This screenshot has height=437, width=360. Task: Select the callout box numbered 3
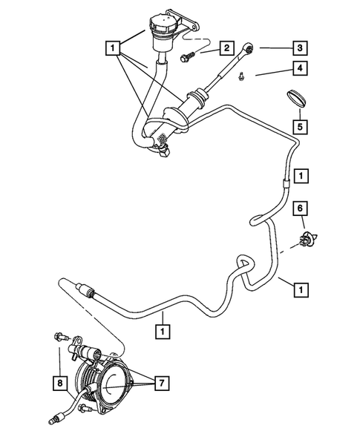point(301,49)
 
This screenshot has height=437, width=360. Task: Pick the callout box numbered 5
point(301,126)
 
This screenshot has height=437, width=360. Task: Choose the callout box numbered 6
point(301,210)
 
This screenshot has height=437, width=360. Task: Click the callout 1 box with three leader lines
point(113,49)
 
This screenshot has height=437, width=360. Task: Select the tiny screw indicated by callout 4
point(243,74)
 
